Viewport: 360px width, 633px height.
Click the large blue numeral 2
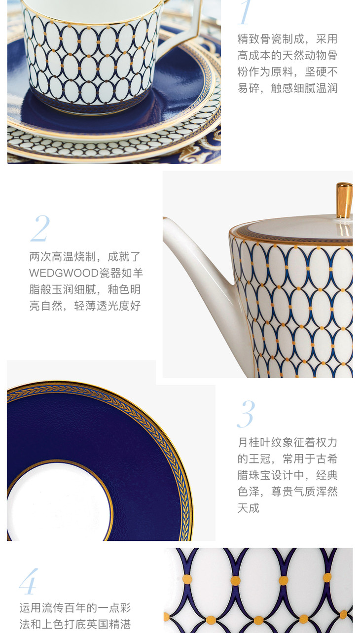pos(40,228)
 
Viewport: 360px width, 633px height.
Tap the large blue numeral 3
pos(246,414)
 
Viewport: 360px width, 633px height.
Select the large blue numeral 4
pos(29,581)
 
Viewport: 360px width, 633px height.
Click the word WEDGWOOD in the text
pos(64,273)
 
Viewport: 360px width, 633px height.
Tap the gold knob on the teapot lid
pos(344,201)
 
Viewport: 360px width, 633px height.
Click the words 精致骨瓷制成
pos(270,39)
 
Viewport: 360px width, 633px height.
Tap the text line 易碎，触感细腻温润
pos(288,88)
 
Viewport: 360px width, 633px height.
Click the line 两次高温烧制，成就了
pos(85,256)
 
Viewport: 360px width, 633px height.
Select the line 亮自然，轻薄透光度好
pos(85,306)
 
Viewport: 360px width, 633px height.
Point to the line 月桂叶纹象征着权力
pos(288,442)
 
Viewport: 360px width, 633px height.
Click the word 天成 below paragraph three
pos(249,508)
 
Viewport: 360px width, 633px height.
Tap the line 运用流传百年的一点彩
pos(75,608)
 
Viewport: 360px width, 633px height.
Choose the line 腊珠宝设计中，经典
pos(288,475)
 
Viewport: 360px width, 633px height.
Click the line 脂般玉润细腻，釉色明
pos(85,289)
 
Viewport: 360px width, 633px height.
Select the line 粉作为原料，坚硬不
pos(288,72)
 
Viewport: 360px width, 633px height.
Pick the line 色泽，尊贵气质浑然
pos(288,492)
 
